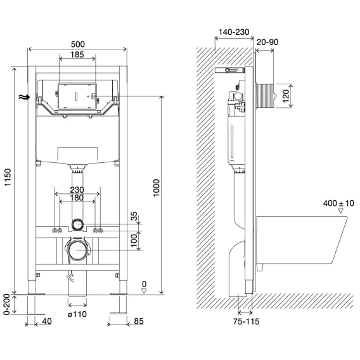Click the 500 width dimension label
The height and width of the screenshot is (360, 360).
(78, 44)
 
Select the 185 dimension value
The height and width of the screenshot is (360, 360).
(77, 55)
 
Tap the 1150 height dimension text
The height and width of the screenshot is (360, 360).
(8, 177)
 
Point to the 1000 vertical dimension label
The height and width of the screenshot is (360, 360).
(156, 188)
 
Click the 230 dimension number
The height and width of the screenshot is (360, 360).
(77, 190)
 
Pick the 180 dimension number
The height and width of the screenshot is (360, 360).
(77, 198)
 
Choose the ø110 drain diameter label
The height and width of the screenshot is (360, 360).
(77, 314)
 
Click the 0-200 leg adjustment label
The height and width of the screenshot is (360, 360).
(7, 304)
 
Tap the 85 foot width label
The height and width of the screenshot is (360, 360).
(139, 321)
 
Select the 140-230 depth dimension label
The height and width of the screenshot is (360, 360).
(234, 32)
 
